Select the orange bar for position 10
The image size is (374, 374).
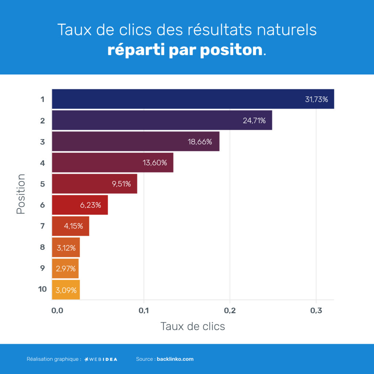click(x=66, y=290)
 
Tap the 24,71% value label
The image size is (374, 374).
click(x=254, y=121)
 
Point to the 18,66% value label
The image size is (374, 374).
click(x=200, y=142)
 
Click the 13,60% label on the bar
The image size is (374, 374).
click(x=155, y=163)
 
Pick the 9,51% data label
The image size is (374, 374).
click(x=121, y=184)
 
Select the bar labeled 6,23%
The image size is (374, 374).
click(x=80, y=205)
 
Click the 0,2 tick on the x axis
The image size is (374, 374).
click(x=230, y=311)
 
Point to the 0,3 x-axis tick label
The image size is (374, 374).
click(x=316, y=311)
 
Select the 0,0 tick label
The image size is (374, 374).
click(x=57, y=311)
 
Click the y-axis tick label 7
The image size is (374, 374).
click(x=42, y=226)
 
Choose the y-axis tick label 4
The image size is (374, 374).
click(x=42, y=163)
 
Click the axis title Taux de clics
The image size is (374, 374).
click(x=192, y=326)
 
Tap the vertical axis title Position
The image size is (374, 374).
click(x=21, y=194)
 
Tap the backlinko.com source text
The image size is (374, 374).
click(x=175, y=359)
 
